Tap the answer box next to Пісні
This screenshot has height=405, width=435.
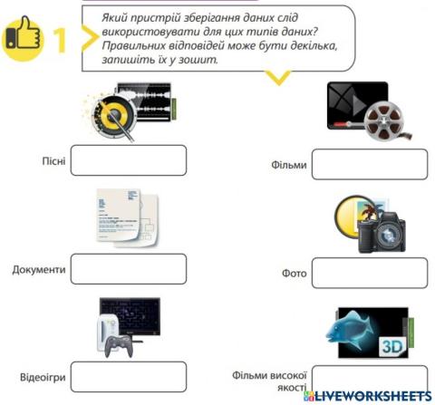[128, 160]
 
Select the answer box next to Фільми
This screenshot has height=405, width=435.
[369, 165]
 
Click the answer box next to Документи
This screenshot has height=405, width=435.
[128, 269]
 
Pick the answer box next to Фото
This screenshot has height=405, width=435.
[369, 272]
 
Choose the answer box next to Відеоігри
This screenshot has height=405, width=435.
[128, 376]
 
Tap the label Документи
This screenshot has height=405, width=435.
[39, 270]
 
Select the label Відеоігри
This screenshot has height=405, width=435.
[40, 377]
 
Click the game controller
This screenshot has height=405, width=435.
[119, 345]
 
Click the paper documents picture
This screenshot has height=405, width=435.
[126, 217]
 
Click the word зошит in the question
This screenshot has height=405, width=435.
[201, 61]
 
